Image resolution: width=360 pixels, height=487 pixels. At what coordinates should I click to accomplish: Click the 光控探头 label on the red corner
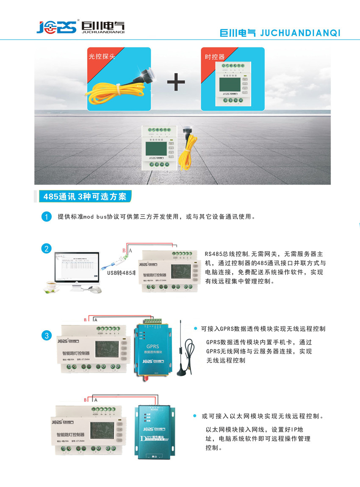pos(101,56)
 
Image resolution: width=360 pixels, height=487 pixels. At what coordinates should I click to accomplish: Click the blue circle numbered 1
pos(46,217)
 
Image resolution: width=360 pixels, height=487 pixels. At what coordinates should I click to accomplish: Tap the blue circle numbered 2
pos(46,249)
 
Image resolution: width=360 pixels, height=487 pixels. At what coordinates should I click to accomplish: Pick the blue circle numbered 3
pos(46,336)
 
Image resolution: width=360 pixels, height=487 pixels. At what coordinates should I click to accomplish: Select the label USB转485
pos(121,273)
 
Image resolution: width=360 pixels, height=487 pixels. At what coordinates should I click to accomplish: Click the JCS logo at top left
pos(55,27)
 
